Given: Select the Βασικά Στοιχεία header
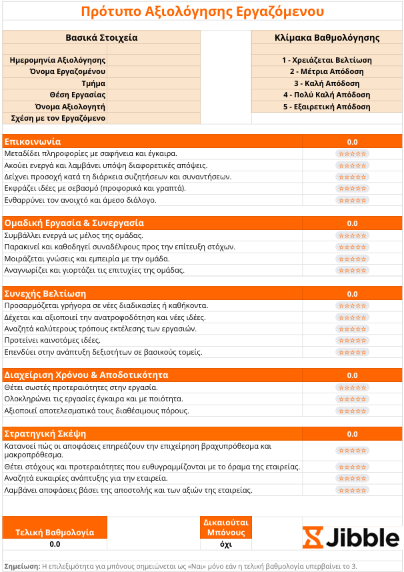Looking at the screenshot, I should [101, 37].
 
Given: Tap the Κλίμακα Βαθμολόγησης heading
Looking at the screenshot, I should [327, 37].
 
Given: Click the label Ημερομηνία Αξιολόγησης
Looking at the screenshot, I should [58, 60].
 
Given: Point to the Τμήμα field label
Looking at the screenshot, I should [93, 83].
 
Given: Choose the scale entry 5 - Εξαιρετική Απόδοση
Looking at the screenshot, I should [327, 107].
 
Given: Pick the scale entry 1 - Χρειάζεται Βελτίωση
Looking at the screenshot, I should [327, 60].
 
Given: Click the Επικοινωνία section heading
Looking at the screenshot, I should [33, 141].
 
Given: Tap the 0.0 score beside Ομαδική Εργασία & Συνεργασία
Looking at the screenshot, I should [352, 223].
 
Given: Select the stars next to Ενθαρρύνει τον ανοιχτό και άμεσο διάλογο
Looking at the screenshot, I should [352, 200].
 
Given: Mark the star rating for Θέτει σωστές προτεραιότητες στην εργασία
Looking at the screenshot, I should [352, 387].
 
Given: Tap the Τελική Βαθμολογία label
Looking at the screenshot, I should [55, 532].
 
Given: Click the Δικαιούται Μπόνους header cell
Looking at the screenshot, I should [225, 527].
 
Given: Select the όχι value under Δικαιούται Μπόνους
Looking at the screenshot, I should [225, 544].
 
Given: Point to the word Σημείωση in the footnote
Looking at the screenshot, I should [21, 565].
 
